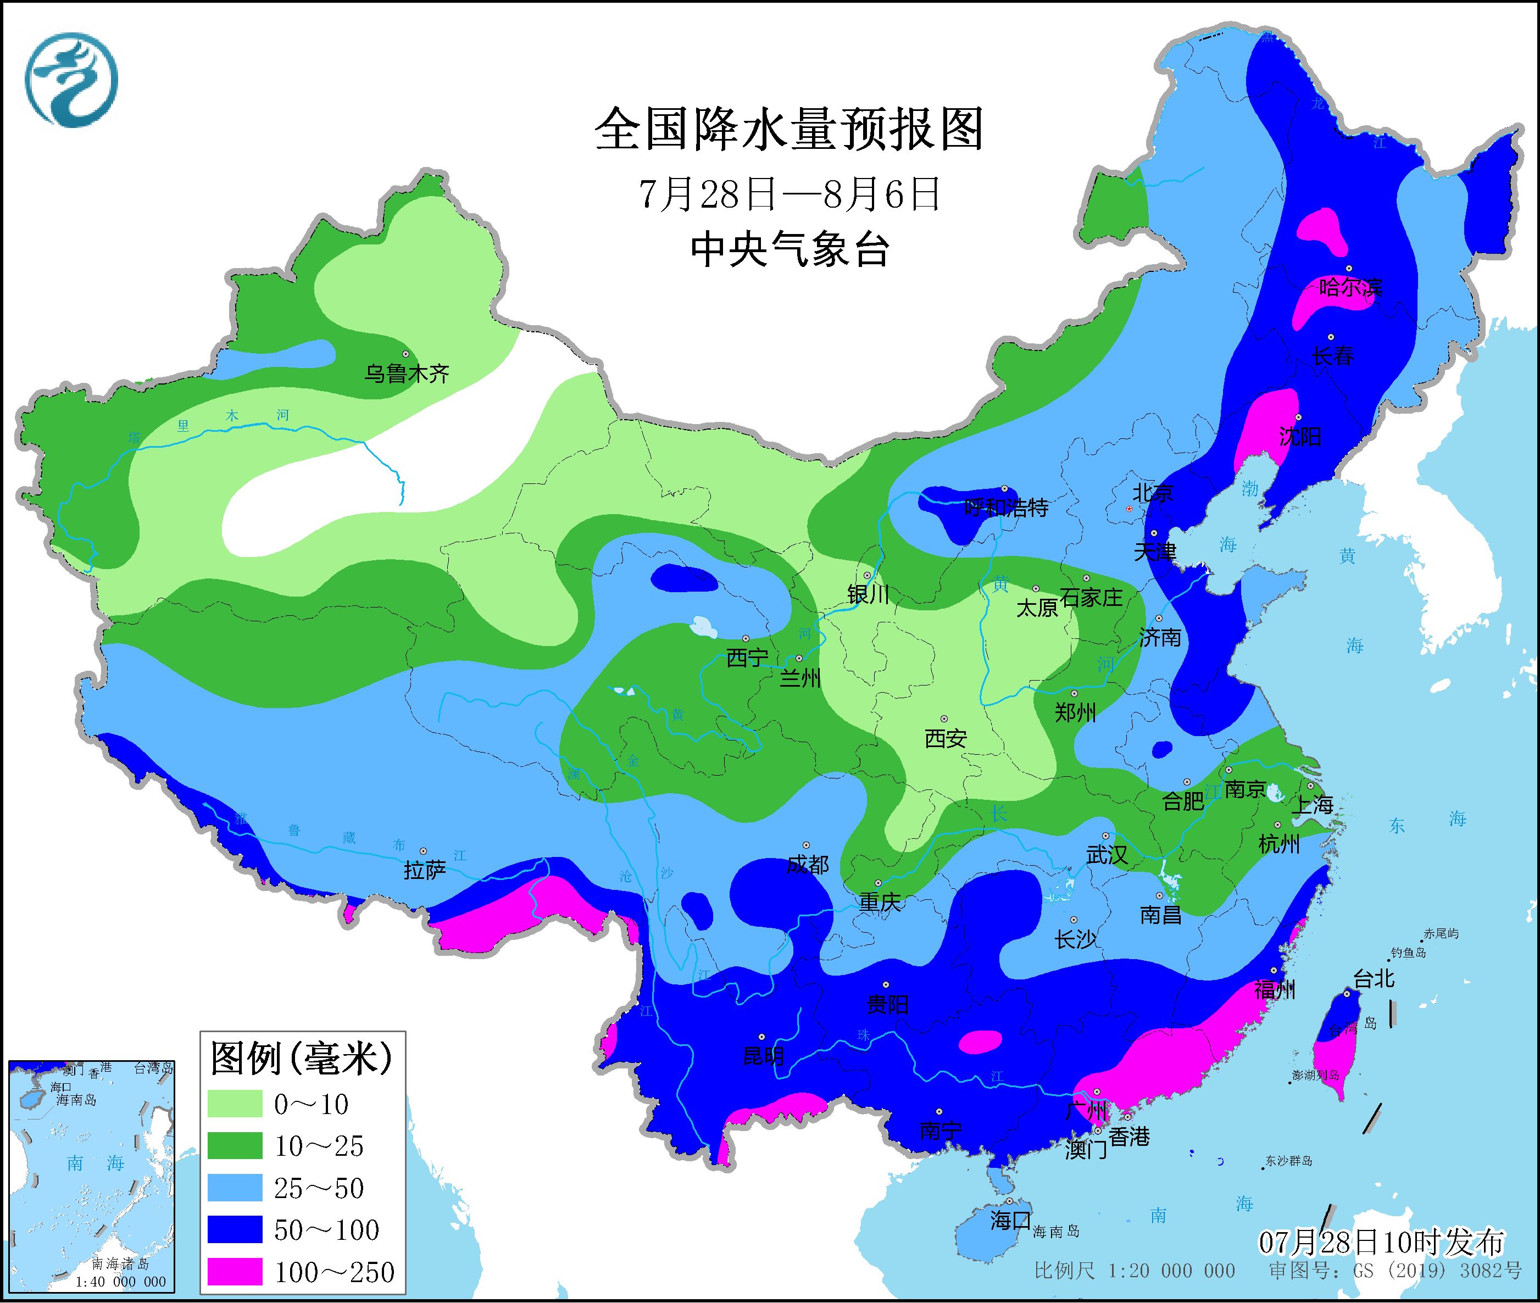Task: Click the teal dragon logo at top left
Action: pos(71,80)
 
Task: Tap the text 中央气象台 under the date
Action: pos(789,249)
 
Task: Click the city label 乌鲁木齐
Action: pos(406,374)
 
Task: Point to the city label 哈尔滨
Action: pos(1349,287)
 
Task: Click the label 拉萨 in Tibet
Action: pos(425,870)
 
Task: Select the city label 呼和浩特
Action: pos(1006,508)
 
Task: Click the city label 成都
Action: pos(807,864)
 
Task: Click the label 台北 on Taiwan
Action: pos(1374,979)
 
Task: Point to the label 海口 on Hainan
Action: pos(1010,1220)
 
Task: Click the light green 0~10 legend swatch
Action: pos(234,1104)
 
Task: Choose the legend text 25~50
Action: pos(319,1188)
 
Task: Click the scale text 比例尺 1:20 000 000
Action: pos(1135,1271)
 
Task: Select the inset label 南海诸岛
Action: pos(120,1264)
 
